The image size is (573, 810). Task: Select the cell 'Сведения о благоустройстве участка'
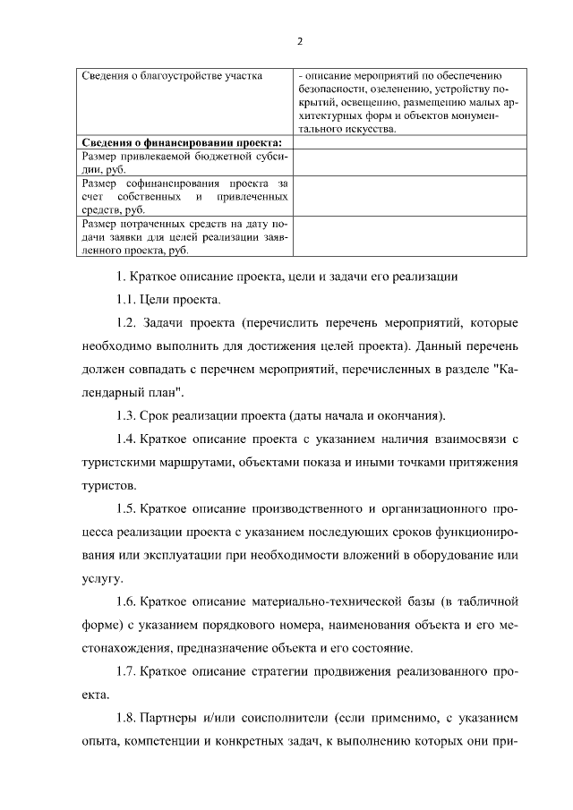172,76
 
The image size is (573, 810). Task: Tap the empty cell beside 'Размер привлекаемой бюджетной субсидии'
406,162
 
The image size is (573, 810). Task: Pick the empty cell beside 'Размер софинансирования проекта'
406,196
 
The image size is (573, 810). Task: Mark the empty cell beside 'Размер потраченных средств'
406,237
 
